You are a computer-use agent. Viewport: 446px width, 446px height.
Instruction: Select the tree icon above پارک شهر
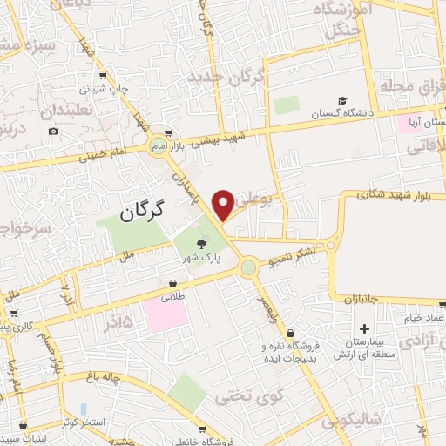[x=203, y=245]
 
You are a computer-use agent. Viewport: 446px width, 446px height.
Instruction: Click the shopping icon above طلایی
[x=172, y=283]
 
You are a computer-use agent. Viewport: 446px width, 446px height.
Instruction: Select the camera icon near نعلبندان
[x=54, y=132]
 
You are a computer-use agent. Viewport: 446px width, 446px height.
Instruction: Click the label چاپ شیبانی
[x=104, y=89]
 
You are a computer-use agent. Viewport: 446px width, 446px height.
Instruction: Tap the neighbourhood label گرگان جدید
[x=226, y=79]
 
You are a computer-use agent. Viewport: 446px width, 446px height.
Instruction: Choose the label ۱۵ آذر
[x=119, y=321]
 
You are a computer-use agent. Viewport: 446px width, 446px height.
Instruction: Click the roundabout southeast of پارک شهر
[x=251, y=267]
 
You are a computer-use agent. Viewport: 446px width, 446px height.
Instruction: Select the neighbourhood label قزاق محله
[x=403, y=86]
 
